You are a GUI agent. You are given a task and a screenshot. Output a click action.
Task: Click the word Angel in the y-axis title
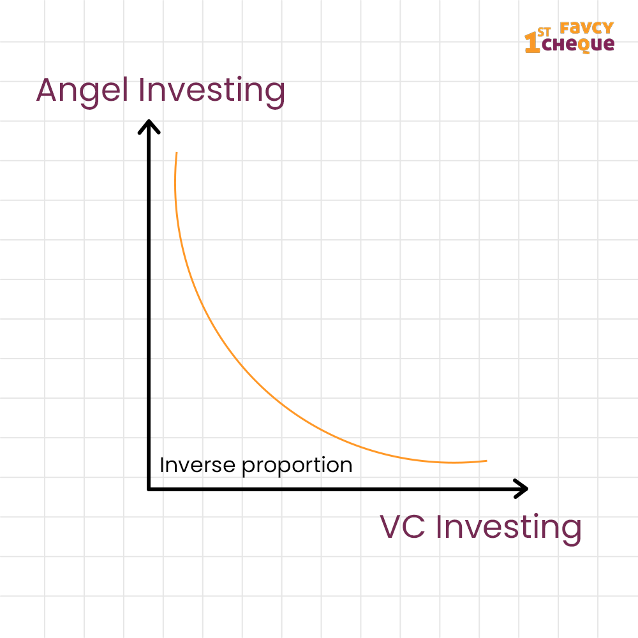(82, 91)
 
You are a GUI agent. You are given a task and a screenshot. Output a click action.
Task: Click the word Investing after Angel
(212, 91)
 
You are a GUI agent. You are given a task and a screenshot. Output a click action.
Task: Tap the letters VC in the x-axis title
(403, 527)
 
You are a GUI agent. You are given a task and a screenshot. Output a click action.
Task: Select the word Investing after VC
(508, 529)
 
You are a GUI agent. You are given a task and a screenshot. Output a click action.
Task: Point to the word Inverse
(197, 465)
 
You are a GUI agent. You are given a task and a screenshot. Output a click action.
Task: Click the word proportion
(297, 466)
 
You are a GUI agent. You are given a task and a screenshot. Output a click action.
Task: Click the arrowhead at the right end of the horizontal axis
(521, 489)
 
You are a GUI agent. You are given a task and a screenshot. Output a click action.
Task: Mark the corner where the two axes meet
(149, 489)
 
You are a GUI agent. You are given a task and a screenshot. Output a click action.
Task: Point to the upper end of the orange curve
(177, 152)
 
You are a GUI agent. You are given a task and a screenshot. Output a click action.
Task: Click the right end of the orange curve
(487, 461)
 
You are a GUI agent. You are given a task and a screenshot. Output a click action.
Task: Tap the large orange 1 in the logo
(532, 42)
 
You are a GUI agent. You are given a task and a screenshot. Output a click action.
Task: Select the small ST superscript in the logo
(544, 32)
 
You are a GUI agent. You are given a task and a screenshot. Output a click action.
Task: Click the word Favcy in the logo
(586, 28)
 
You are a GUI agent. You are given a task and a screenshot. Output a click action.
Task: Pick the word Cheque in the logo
(578, 45)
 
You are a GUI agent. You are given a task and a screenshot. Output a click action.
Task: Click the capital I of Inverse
(162, 465)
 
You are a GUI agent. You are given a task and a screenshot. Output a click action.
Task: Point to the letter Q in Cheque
(584, 45)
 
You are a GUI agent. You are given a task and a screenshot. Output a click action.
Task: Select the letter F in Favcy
(565, 28)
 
